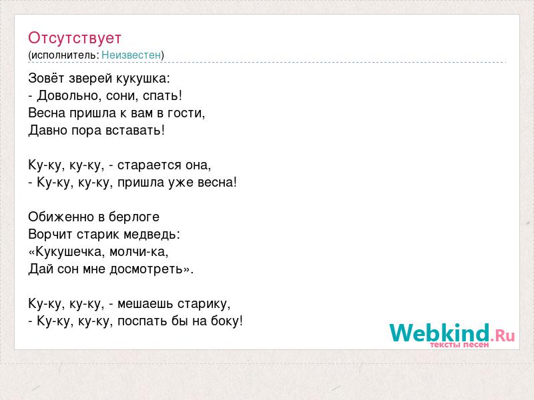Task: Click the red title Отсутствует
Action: coord(75,38)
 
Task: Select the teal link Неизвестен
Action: coord(131,55)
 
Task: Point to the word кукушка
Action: coord(142,79)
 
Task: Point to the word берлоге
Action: coord(134,217)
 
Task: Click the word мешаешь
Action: coord(145,304)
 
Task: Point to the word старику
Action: coord(202,304)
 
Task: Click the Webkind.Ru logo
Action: coord(452,333)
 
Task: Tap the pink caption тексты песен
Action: coord(459,345)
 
